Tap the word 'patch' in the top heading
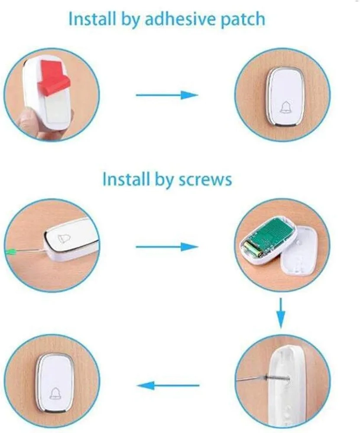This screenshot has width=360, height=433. click(x=243, y=20)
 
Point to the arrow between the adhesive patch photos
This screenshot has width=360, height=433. click(x=167, y=95)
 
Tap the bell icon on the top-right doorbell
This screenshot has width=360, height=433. click(x=285, y=107)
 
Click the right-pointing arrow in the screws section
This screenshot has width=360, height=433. click(x=167, y=247)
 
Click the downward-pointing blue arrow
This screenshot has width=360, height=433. click(x=281, y=313)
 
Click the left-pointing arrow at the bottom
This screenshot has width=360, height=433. click(x=168, y=385)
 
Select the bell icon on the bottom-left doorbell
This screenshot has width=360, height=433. click(x=55, y=393)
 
